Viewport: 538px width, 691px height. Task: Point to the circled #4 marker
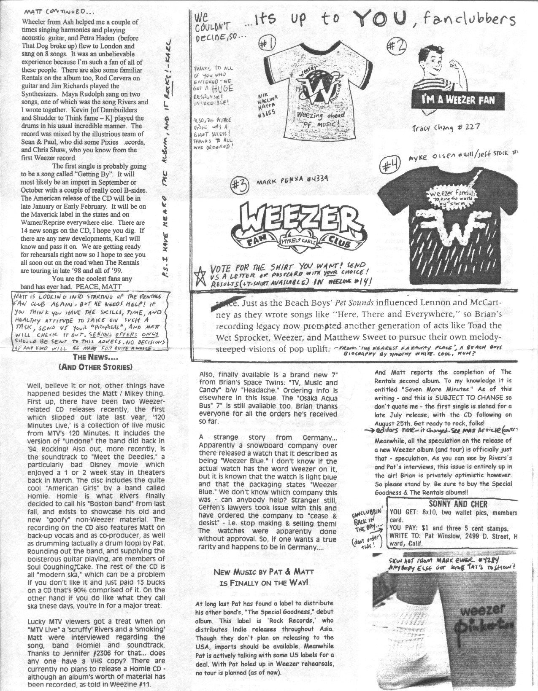pos(390,165)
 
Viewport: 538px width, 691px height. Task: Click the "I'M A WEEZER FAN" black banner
pos(458,100)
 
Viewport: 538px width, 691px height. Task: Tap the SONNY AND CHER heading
pos(458,504)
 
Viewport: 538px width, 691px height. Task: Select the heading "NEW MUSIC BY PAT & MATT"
pos(261,572)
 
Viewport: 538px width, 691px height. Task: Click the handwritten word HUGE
pos(222,88)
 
